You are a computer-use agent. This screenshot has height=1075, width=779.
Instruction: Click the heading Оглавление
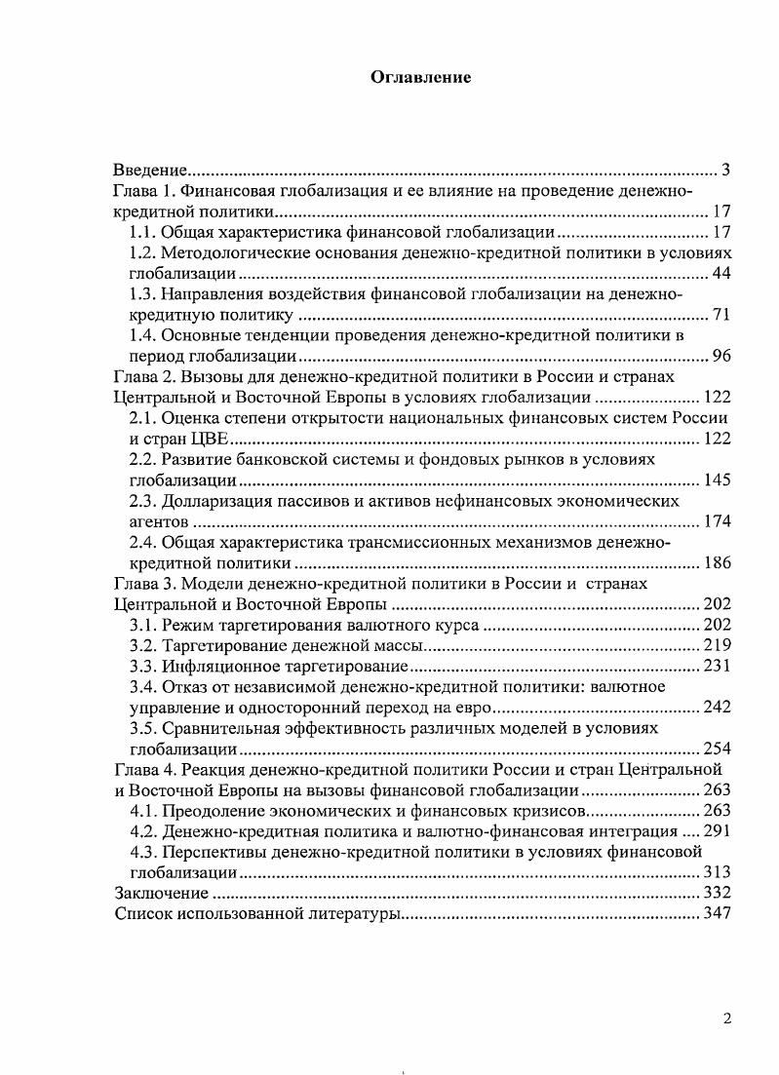pyautogui.click(x=421, y=78)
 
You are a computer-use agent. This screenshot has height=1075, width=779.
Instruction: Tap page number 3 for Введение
pyautogui.click(x=725, y=171)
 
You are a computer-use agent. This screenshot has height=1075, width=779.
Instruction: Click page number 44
pyautogui.click(x=721, y=273)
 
